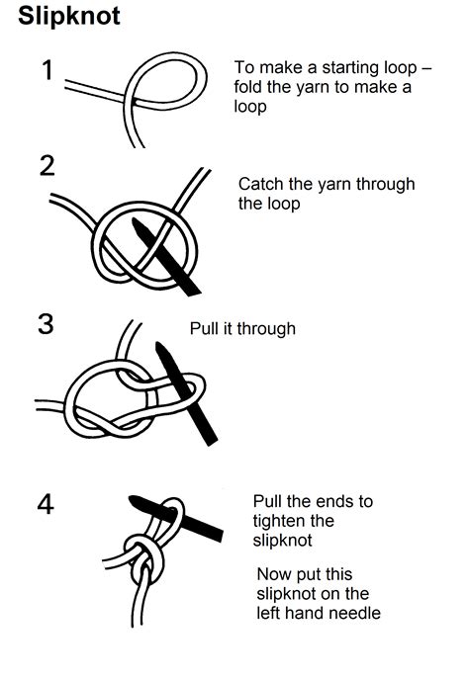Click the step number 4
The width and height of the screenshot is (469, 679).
click(x=46, y=505)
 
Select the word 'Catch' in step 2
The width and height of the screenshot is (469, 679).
click(x=261, y=185)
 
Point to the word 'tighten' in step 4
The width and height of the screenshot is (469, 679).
click(x=279, y=521)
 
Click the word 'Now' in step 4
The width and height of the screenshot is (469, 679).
click(x=275, y=574)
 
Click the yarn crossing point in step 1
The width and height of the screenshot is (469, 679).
click(x=134, y=98)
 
